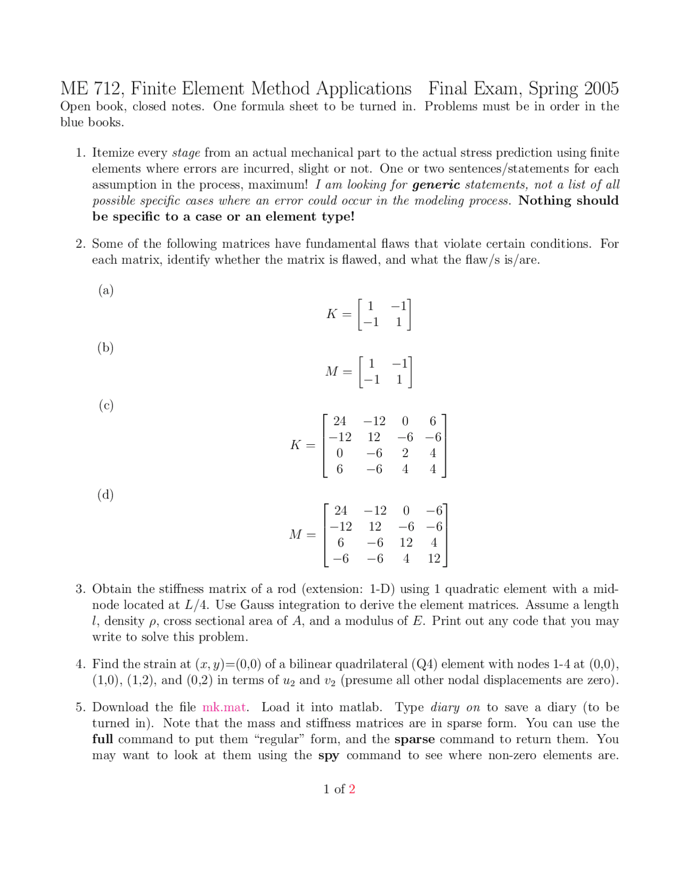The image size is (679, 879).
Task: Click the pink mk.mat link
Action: (224, 707)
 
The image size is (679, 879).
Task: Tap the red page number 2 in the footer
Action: (352, 789)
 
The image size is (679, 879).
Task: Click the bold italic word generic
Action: (436, 185)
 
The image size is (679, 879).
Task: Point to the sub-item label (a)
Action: (106, 290)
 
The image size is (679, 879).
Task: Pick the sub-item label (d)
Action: (106, 494)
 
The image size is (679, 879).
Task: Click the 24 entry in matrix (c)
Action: (339, 421)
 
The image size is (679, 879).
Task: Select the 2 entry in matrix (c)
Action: (405, 453)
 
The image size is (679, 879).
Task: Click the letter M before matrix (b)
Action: (332, 372)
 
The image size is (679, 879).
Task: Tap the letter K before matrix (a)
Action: (332, 314)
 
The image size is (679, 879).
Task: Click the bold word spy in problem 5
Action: (329, 755)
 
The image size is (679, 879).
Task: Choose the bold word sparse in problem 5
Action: (414, 739)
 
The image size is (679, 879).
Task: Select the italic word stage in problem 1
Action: (186, 153)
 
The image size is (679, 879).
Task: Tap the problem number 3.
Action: (80, 589)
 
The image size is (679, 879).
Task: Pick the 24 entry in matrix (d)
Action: (341, 510)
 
